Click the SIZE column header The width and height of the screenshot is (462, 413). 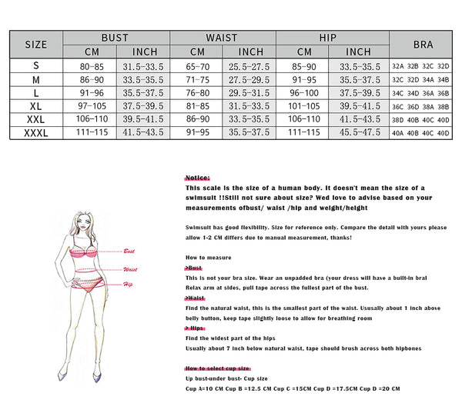point(36,44)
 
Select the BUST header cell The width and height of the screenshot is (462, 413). point(115,37)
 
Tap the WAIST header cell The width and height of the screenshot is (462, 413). point(221,37)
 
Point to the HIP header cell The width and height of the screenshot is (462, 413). point(328,37)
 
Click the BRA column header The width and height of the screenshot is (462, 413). point(423,44)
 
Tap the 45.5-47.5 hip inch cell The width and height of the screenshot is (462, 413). point(355,132)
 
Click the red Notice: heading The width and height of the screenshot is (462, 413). point(198,177)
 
